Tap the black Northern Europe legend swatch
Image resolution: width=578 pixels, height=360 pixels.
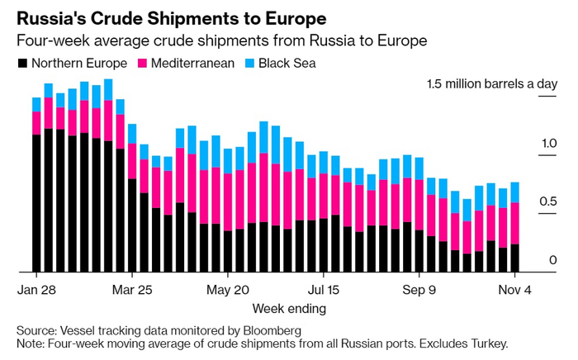21,63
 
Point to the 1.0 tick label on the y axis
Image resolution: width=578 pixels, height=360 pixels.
548,144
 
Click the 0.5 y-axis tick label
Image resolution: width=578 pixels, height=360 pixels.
548,202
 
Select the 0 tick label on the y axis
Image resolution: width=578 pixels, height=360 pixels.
553,260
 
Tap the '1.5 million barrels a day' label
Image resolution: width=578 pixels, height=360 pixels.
491,84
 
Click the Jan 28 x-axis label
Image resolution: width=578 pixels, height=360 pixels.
36,291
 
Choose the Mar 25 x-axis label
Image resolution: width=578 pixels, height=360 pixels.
132,291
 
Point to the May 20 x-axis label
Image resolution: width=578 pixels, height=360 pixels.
228,291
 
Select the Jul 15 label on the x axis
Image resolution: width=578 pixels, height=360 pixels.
324,291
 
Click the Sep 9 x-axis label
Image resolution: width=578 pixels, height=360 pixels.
419,291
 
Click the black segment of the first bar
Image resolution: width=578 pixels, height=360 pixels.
36,202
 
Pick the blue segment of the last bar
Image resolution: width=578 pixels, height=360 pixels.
515,192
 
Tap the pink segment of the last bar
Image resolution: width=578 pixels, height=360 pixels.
515,223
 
